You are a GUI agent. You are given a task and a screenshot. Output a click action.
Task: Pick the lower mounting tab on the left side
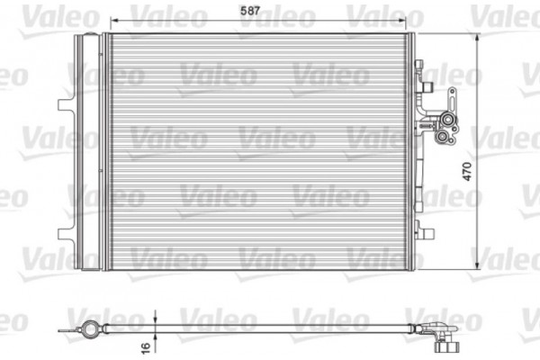(64, 237)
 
